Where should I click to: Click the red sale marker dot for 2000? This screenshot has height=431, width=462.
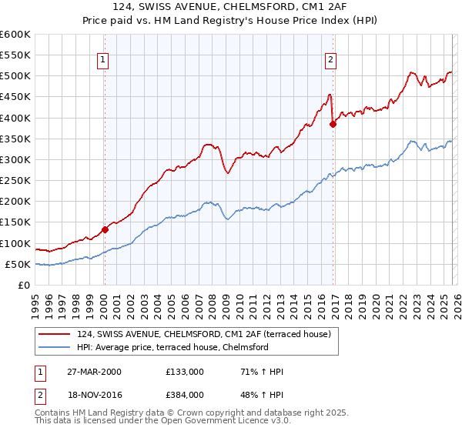105,229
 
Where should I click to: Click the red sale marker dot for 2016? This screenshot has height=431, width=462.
333,124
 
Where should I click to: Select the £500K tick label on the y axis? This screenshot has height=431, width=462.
15,76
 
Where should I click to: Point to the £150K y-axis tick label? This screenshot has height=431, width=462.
15,222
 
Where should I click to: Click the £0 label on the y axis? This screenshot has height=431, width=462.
23,285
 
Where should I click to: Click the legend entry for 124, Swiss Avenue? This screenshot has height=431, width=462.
203,334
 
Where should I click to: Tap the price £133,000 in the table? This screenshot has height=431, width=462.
185,372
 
